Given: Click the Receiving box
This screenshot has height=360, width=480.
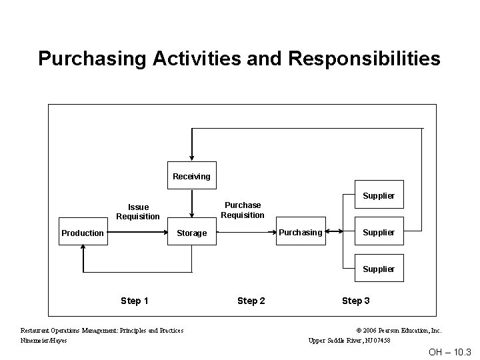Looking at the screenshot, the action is pos(191,176).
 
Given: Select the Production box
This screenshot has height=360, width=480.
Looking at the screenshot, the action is pos(83,233).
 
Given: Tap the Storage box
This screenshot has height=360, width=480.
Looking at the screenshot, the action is pos(191,233).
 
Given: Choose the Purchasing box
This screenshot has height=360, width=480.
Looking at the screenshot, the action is pos(300,232).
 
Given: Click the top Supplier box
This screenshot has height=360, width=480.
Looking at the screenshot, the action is pos(378,195).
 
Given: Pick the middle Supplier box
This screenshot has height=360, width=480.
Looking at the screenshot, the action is pos(378,232).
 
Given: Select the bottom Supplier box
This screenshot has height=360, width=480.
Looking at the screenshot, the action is pos(378,269).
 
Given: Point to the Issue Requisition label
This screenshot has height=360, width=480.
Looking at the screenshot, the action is pos(138,212).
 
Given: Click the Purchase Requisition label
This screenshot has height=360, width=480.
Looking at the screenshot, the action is pos(243,210).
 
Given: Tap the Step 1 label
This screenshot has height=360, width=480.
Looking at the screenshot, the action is pos(135,301).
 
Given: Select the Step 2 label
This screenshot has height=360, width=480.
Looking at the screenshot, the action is pos(251,301).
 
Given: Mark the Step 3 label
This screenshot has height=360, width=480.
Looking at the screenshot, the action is pos(356,301).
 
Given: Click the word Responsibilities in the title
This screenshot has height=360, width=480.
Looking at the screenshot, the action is pos(365,59).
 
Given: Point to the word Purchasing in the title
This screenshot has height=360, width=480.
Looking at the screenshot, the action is pos(93,59).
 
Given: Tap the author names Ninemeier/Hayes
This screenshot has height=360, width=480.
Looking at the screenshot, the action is pos(44,341).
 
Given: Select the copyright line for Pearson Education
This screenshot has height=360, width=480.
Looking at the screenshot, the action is pos(399,330).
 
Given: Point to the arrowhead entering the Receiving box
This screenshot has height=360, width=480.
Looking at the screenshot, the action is pos(191,158).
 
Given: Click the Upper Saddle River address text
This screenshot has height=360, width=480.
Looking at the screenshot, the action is pos(349,341).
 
